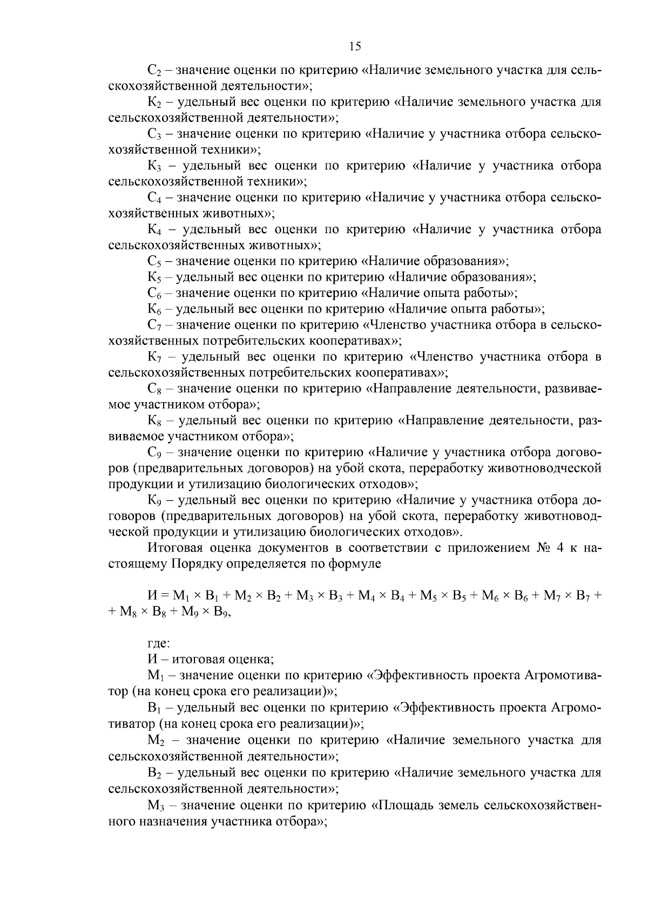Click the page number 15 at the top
(355, 47)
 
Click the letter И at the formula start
(152, 596)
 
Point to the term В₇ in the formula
(583, 596)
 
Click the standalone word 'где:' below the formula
(159, 643)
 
